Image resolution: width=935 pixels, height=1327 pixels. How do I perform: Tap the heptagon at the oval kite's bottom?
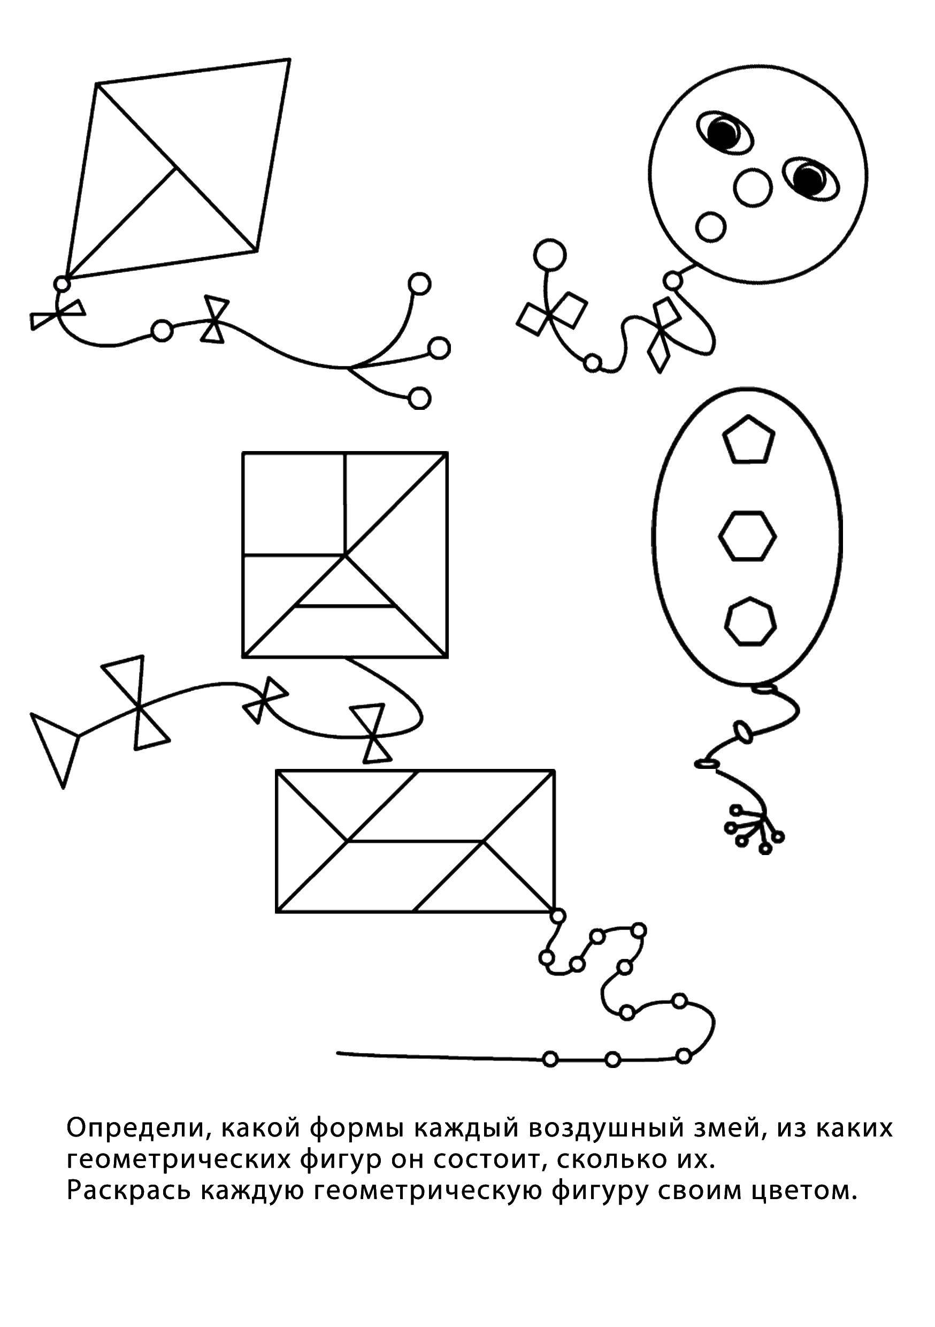[x=750, y=621]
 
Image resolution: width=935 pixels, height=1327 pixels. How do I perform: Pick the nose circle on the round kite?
[x=753, y=187]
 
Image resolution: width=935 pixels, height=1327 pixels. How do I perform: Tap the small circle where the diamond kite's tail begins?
[x=62, y=284]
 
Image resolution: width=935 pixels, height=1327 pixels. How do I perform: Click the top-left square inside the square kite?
[x=294, y=504]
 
